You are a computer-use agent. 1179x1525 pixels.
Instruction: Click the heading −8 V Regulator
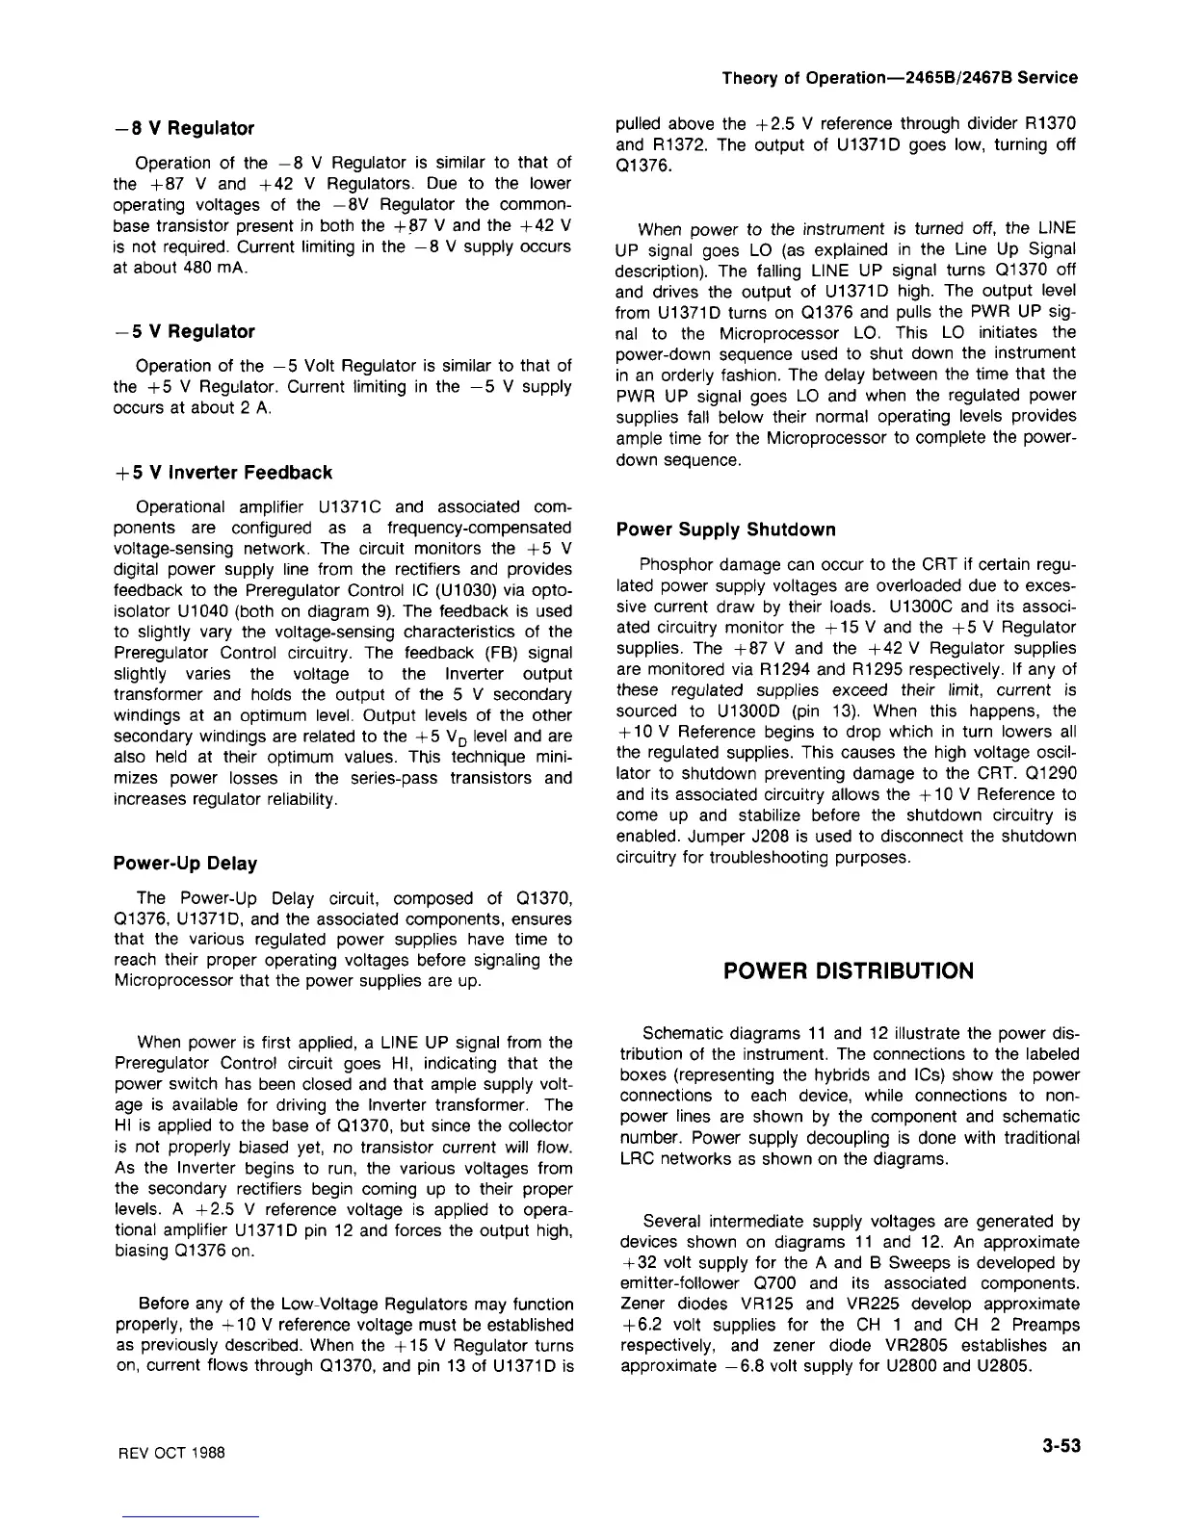pos(183,128)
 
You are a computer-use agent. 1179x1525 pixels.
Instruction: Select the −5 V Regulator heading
pos(183,331)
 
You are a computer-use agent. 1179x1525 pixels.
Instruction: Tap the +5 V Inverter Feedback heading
pos(223,472)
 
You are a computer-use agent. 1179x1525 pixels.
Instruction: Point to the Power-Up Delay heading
pos(185,863)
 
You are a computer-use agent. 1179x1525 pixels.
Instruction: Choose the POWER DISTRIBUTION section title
pos(849,970)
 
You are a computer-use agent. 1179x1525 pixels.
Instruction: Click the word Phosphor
pos(672,564)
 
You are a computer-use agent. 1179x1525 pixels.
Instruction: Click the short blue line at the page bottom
pos(191,1517)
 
